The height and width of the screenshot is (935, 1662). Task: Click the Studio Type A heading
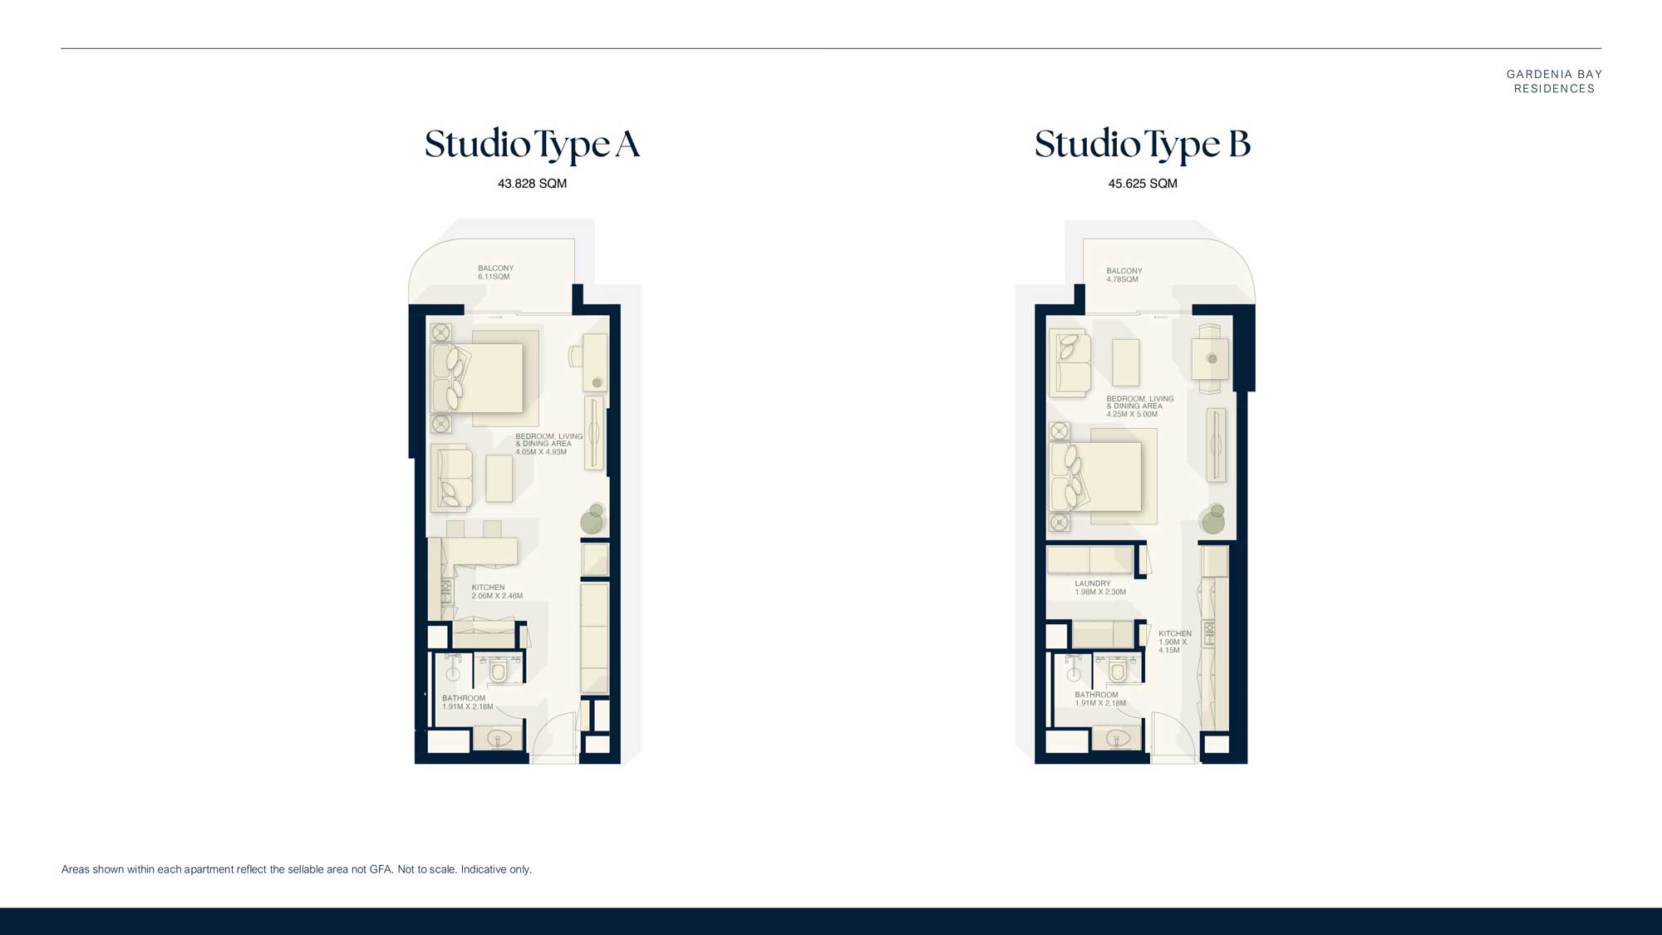[x=532, y=145]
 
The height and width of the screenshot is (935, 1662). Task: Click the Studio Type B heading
[x=1142, y=145]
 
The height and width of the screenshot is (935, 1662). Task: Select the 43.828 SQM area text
[x=532, y=184]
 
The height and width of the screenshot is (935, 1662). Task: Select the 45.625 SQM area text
[x=1142, y=184]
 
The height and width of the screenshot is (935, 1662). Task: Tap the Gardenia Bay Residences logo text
[x=1553, y=81]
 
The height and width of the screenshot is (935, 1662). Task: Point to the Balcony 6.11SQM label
[x=495, y=273]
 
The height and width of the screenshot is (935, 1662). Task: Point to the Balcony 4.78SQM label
[x=1124, y=275]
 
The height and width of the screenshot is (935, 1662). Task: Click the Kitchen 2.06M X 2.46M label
[x=496, y=592]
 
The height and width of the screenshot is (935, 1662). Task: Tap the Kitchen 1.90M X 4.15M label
[x=1174, y=642]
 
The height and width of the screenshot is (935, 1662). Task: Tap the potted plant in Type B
[x=1213, y=519]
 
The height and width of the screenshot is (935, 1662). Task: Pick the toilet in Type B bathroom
[x=1119, y=670]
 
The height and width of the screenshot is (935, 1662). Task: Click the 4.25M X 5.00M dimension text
[x=1131, y=414]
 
